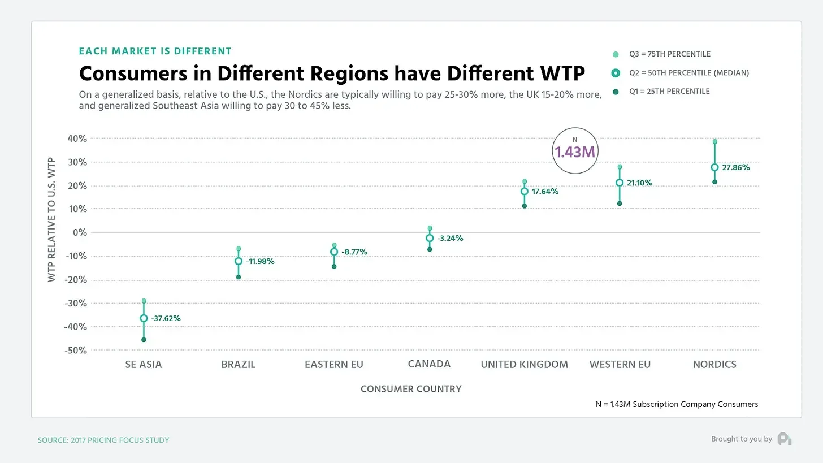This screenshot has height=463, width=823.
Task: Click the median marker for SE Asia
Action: [x=144, y=318]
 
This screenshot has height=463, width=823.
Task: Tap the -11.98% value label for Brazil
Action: [x=260, y=261]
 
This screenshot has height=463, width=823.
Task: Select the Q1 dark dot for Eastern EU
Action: [x=334, y=266]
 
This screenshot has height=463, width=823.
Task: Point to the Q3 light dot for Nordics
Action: [x=714, y=142]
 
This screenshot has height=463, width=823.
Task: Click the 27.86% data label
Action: [x=736, y=167]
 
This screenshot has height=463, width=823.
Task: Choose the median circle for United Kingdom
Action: [x=525, y=191]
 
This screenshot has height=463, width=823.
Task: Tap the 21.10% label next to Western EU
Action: [x=639, y=183]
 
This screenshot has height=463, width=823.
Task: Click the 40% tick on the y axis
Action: [x=76, y=139]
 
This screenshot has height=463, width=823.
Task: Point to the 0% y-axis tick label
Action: [x=80, y=232]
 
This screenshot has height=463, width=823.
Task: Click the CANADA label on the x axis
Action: [x=429, y=364]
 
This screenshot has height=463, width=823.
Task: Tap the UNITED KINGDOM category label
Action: [x=524, y=364]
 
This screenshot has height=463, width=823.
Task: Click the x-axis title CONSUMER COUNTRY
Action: [x=411, y=389]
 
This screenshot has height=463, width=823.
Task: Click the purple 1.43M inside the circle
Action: [x=575, y=152]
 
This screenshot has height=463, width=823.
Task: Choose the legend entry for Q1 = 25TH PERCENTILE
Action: [x=669, y=92]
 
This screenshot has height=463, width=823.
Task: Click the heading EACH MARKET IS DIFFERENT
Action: [x=155, y=51]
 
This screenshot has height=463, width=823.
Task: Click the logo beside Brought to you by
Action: [x=785, y=439]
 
